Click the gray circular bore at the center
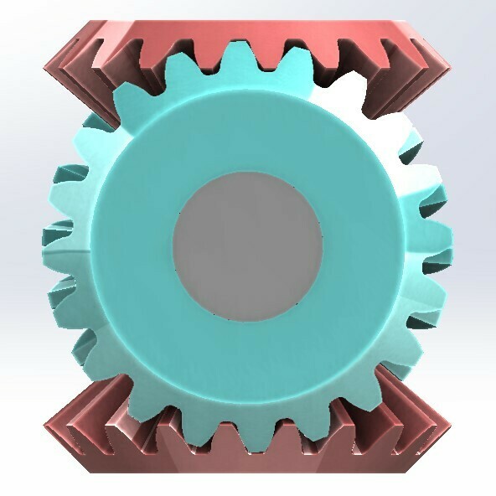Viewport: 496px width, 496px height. point(248,248)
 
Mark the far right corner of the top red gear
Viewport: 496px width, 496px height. point(445,62)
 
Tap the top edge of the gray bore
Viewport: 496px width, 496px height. point(248,173)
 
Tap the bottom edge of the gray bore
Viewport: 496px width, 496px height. point(248,323)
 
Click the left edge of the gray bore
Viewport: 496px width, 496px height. point(174,248)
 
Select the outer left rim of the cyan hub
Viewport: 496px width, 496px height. point(94,248)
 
